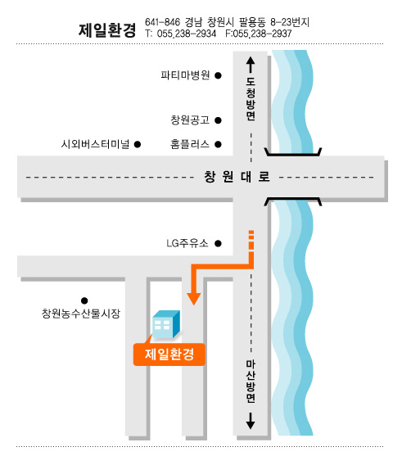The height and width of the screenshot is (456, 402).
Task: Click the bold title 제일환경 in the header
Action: coord(107,30)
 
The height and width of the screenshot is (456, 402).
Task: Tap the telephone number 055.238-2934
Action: coord(187,34)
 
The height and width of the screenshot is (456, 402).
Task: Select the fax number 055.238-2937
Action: coord(262,34)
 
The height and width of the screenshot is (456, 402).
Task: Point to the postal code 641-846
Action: coord(163,22)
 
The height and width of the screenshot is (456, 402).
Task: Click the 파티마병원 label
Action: coord(185,75)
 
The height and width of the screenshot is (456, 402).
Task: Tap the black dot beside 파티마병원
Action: coord(218,75)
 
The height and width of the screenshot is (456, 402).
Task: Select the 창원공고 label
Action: coord(190,120)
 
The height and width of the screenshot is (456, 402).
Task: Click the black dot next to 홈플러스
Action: coord(218,144)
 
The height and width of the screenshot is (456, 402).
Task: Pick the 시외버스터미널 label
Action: coord(95,144)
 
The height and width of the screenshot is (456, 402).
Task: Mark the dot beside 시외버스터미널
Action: coord(138,144)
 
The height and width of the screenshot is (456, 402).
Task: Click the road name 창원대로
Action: coord(237,177)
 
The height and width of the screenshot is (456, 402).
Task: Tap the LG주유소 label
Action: coord(187,243)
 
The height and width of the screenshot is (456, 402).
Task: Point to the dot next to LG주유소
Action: coord(218,243)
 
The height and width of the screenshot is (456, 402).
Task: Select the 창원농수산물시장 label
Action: coord(81,314)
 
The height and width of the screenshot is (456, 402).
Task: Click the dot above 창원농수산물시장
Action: coord(84,300)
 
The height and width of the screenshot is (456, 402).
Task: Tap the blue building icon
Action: coord(166,324)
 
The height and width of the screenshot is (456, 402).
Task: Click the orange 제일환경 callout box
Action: coord(169,354)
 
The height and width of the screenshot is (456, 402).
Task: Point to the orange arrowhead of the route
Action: coord(194,298)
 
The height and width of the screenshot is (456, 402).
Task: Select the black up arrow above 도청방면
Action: coord(251,65)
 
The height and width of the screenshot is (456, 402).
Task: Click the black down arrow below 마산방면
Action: coord(251,421)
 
